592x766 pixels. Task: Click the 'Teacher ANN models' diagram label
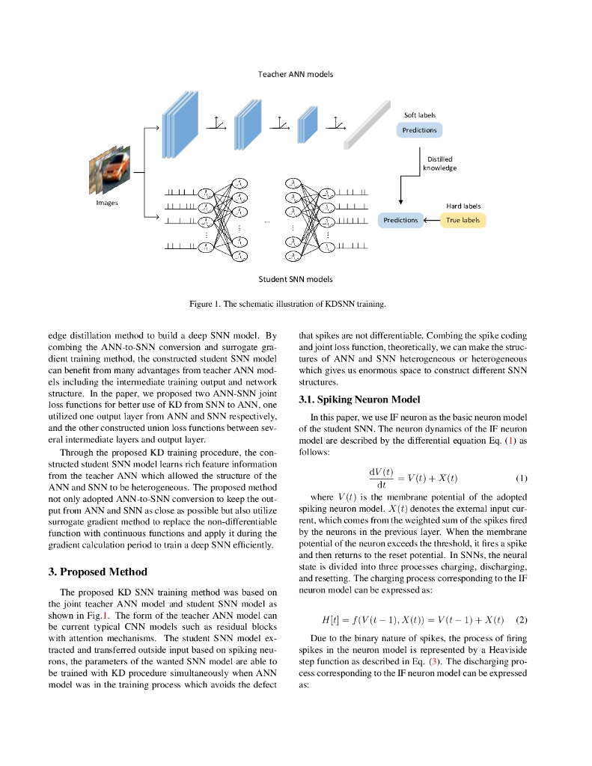(296, 75)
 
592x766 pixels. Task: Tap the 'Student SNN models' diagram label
(296, 279)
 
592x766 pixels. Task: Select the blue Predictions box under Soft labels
(419, 130)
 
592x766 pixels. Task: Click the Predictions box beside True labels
(400, 220)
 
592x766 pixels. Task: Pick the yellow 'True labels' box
(463, 220)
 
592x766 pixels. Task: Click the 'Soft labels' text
(420, 115)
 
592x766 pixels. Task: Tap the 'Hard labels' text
(463, 206)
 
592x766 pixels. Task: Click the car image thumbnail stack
(110, 171)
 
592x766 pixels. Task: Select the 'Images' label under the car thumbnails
(106, 203)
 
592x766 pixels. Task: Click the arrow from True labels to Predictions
(431, 220)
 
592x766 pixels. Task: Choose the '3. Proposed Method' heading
(97, 572)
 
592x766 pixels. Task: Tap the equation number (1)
(522, 478)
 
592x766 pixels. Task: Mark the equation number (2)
(522, 619)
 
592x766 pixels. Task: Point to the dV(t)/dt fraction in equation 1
(381, 478)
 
